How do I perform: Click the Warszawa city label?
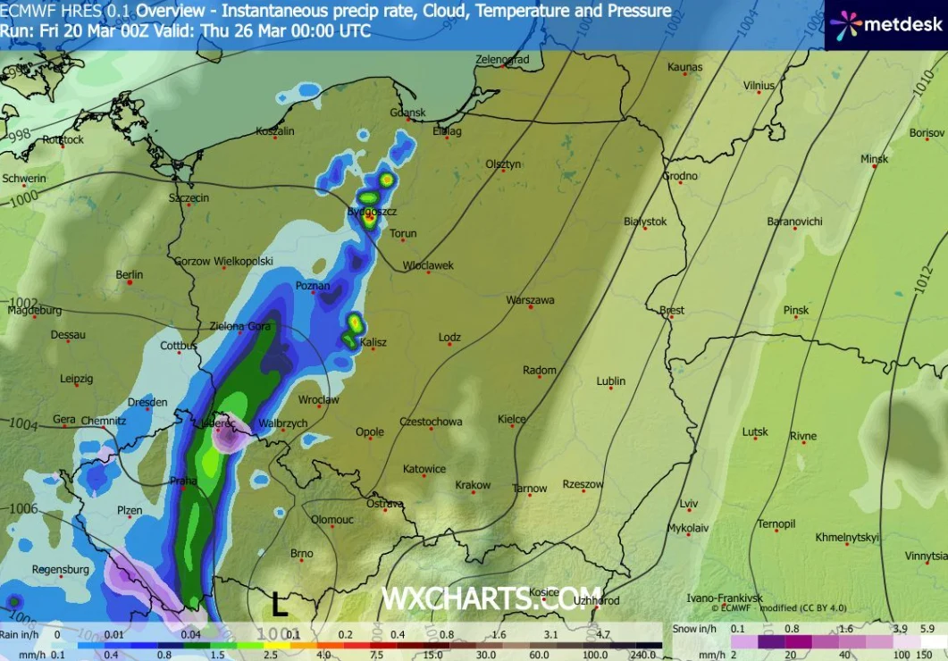[x=530, y=300]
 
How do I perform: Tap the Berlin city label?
[x=130, y=274]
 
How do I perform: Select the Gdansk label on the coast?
[x=407, y=113]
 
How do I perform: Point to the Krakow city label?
[x=473, y=485]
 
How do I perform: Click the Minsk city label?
[x=874, y=159]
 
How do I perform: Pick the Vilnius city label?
[x=759, y=86]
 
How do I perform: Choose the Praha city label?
[x=183, y=481]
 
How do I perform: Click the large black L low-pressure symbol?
[x=280, y=605]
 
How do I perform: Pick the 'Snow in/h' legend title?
[x=696, y=630]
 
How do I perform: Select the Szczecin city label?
[x=189, y=197]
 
